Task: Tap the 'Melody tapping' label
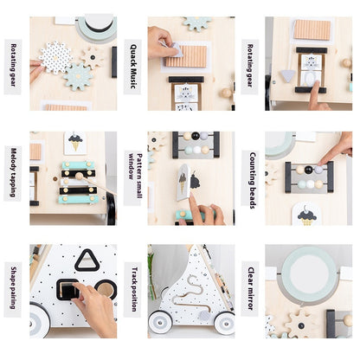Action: (x=14, y=172)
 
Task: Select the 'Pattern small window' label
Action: (x=132, y=172)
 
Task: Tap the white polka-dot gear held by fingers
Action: (x=56, y=57)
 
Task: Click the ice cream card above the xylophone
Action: (x=75, y=143)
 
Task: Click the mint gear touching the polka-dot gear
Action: (x=78, y=75)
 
